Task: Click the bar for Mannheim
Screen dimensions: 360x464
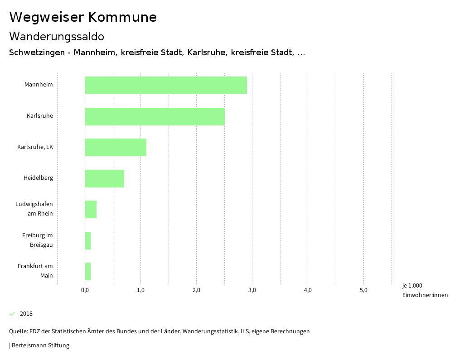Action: [x=166, y=85]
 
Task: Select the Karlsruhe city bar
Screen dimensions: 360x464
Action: [x=155, y=116]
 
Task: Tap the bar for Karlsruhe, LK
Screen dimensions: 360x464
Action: [x=116, y=147]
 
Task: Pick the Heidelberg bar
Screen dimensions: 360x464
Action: [x=104, y=178]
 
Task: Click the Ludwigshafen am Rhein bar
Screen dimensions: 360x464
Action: [x=91, y=209]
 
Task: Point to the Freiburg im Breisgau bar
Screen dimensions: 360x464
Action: [x=88, y=240]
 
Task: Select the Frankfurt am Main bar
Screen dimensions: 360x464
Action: [x=88, y=271]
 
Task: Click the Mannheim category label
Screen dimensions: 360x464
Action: [x=39, y=85]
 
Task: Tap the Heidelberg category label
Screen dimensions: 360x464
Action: [x=38, y=178]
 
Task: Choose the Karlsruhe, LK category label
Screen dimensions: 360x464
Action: [x=35, y=147]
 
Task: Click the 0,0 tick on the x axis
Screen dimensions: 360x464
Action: [x=85, y=290]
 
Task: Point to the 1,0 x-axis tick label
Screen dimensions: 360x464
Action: [x=140, y=290]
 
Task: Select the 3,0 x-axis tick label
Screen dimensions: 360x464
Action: [x=252, y=290]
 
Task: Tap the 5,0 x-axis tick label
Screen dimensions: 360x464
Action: [x=363, y=290]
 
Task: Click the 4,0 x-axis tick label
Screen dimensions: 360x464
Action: [x=308, y=290]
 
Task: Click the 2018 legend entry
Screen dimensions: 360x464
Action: [x=26, y=314]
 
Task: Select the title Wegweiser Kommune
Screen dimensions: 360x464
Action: [x=83, y=17]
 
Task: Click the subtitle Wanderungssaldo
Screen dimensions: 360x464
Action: [x=57, y=36]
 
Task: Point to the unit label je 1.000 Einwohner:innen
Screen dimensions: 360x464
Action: [x=425, y=290]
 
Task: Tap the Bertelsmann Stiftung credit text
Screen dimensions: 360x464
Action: [x=40, y=346]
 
